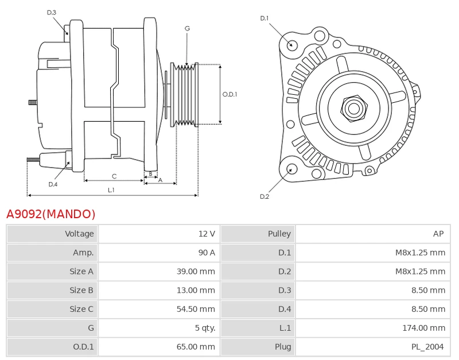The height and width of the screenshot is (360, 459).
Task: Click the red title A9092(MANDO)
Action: click(51, 214)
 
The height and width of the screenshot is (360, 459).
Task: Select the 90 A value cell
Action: click(160, 253)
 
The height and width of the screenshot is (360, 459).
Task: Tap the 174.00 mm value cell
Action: click(373, 328)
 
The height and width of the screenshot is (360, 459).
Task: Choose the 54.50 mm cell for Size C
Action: click(160, 309)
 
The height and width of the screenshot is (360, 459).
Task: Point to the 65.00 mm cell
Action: click(160, 347)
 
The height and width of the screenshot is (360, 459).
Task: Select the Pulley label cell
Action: click(258, 234)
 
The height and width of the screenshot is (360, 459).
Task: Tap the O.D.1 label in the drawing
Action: click(230, 94)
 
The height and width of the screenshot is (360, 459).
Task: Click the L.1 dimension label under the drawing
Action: click(111, 190)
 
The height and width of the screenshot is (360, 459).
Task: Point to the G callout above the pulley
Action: click(188, 28)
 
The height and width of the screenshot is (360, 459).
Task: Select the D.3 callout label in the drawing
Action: click(52, 13)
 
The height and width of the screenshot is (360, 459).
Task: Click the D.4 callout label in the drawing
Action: click(53, 184)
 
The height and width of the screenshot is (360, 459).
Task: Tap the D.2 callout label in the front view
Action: click(264, 196)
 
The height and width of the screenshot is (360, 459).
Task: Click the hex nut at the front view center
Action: click(353, 109)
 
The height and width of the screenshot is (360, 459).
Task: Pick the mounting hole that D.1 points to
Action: click(291, 45)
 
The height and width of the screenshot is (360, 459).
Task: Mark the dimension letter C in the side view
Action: click(114, 176)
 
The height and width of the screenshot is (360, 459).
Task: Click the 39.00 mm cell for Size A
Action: click(160, 271)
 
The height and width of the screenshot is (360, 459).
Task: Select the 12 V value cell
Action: click(160, 234)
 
